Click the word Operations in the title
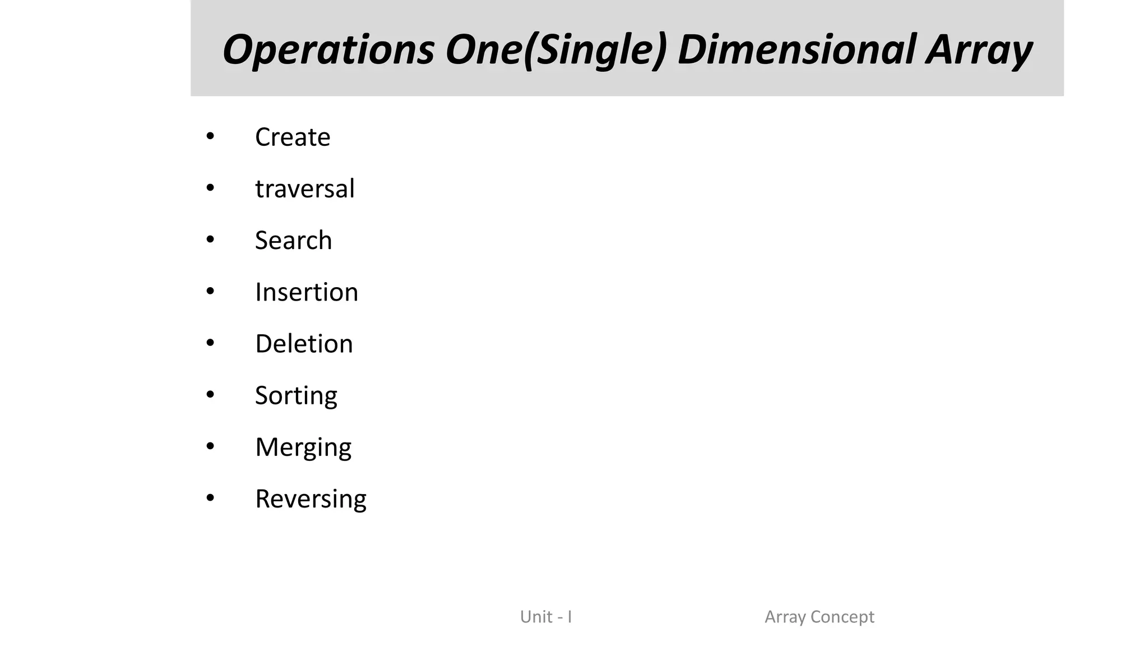click(x=328, y=49)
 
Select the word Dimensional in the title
click(x=796, y=49)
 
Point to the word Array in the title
click(x=979, y=49)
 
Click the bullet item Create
click(x=293, y=137)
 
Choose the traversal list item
click(x=305, y=188)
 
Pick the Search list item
click(x=294, y=240)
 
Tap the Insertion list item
click(x=307, y=292)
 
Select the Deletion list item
click(x=304, y=344)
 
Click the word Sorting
click(x=296, y=396)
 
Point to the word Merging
click(x=303, y=447)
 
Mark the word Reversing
click(x=311, y=499)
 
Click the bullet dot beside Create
click(x=210, y=136)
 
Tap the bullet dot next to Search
click(x=210, y=239)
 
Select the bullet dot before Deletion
click(x=210, y=343)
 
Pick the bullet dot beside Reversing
click(x=210, y=498)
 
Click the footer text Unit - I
click(x=546, y=617)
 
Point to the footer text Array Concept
click(x=820, y=617)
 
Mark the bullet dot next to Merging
click(x=210, y=446)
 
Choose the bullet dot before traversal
click(x=210, y=188)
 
